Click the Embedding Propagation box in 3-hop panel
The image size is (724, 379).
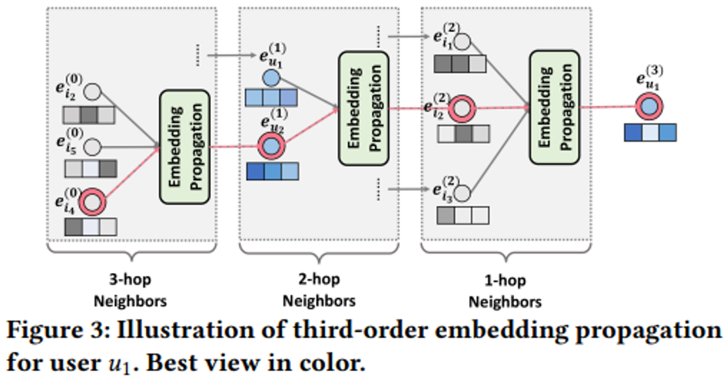coord(185,147)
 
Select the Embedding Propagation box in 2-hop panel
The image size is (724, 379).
coord(363,108)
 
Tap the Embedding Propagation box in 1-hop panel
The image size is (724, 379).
coord(554,107)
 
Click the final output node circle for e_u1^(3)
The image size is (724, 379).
coord(649,106)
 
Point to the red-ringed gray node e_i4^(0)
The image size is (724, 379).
coord(92,202)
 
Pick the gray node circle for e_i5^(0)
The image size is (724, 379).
coord(92,147)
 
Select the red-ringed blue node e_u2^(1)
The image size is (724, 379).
coord(271,146)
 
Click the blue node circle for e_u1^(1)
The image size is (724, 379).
coord(271,78)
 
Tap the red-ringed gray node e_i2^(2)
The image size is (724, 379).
coord(462,108)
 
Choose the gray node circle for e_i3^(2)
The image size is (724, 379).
coord(462,193)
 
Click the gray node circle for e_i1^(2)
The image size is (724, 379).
coord(462,42)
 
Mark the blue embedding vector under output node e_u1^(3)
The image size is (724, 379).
coord(650,132)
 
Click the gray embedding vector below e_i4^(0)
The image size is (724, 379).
coord(91,227)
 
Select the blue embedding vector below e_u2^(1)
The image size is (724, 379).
coord(273,171)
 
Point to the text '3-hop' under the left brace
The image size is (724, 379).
coord(130,279)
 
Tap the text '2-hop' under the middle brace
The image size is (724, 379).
coord(319,279)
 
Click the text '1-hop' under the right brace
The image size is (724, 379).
coord(505,281)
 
